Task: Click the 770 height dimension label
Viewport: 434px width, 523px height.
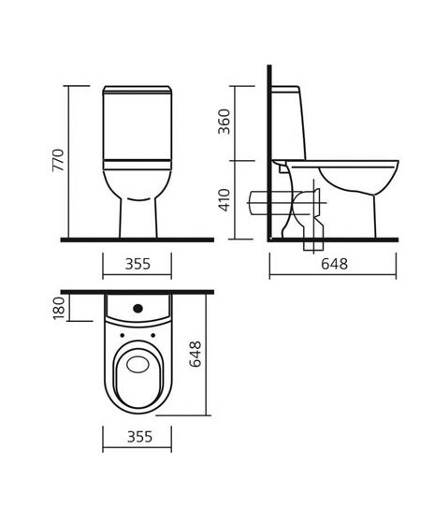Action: (58, 160)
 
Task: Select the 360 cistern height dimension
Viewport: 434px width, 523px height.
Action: (224, 122)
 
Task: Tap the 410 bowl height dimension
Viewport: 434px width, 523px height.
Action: (224, 200)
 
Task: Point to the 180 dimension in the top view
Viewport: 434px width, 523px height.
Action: (59, 308)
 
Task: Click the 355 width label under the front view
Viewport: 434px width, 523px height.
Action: (137, 264)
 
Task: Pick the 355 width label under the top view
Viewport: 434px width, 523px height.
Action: (139, 437)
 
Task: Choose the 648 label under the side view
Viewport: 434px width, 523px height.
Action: (334, 264)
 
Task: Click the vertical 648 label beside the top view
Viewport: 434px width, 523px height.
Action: (195, 354)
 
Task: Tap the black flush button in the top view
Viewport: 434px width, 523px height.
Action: (138, 309)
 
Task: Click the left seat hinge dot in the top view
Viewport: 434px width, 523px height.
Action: (122, 335)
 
